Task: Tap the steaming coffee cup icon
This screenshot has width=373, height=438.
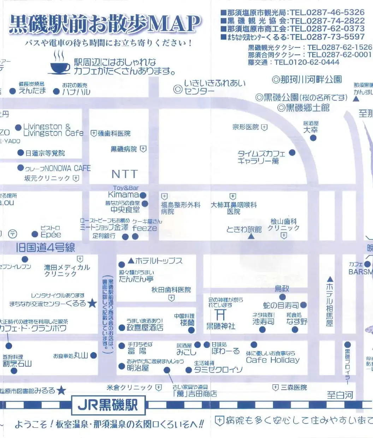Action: click(60, 65)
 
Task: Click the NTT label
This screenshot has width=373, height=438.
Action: click(124, 174)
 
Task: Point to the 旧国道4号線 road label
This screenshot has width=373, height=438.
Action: click(45, 248)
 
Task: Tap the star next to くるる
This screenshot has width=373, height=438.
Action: click(92, 303)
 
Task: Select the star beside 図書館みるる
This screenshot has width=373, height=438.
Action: click(61, 390)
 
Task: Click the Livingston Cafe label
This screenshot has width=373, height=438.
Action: click(53, 133)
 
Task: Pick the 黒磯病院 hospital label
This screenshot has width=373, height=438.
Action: click(124, 149)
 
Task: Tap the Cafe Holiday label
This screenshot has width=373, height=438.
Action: click(272, 360)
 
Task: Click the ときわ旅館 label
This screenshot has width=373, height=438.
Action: click(244, 229)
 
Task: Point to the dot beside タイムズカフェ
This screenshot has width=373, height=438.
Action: click(292, 153)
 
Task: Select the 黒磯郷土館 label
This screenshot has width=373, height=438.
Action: click(307, 108)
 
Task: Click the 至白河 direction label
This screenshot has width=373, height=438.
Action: click(339, 395)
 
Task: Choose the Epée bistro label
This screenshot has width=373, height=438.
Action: click(51, 235)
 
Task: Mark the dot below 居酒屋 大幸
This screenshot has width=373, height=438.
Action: click(313, 138)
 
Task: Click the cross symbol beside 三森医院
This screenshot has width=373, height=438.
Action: click(276, 387)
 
